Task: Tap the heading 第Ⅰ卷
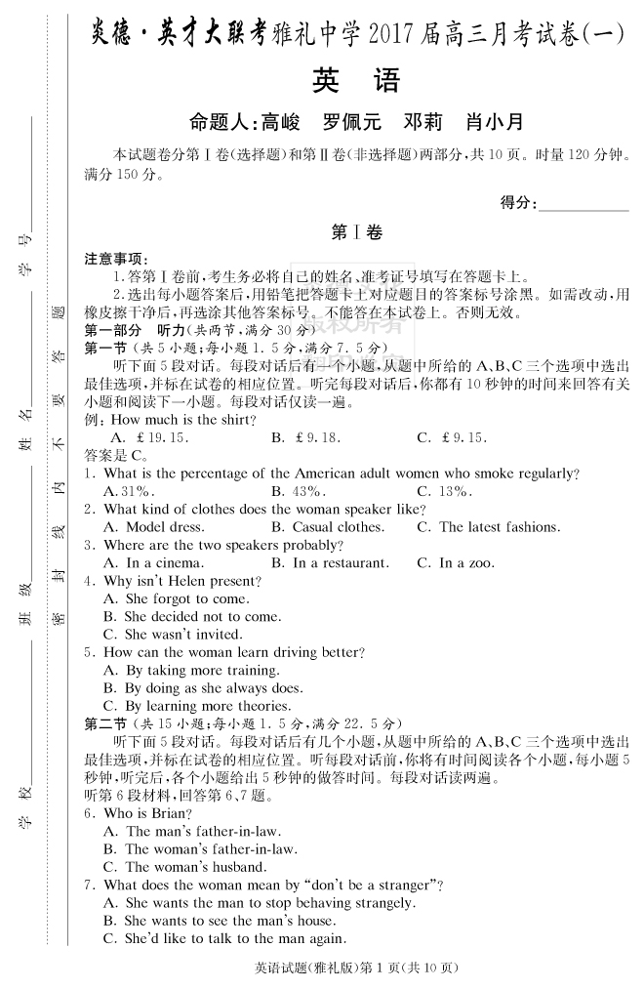[356, 231]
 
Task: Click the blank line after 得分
[583, 202]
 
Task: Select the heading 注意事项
[114, 260]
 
